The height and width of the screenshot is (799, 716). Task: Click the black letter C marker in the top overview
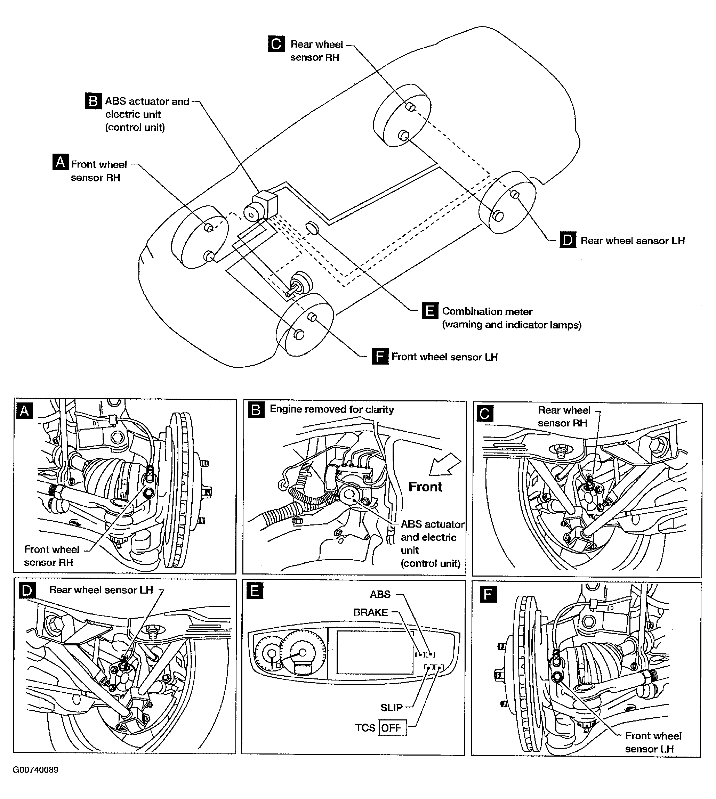coord(276,44)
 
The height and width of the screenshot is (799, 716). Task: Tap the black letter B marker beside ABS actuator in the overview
coord(93,101)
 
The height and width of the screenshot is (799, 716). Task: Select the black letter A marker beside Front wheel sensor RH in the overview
coord(61,162)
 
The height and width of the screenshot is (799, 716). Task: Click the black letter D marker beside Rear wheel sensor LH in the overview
coord(568,240)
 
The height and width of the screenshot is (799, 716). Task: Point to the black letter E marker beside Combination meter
coord(430,310)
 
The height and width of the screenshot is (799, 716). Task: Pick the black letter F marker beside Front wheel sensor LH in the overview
coord(380,356)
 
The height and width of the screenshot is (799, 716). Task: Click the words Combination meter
coord(487,311)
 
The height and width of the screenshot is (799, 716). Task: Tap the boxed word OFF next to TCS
coord(392,728)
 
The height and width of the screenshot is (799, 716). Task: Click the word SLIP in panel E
coord(392,707)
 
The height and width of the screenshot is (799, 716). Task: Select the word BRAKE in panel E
coord(371,612)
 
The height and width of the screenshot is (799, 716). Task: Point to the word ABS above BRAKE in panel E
coord(380,594)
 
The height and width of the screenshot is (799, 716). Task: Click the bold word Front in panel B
coord(425,487)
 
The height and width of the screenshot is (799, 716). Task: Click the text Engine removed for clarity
coord(332,409)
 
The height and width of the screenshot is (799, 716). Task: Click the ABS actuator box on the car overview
coord(262,205)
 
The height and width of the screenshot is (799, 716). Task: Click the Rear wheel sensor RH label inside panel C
coord(564,416)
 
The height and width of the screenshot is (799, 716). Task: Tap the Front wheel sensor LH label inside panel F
coord(653,742)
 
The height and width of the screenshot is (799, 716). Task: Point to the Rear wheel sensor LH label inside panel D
coord(101,590)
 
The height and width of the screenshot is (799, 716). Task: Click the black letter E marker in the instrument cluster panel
coord(255,591)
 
